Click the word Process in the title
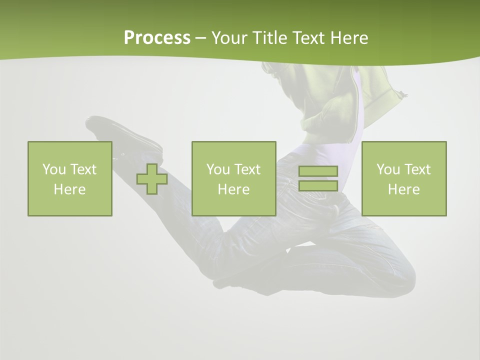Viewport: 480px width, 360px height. [157, 38]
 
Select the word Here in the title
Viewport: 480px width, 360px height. [349, 38]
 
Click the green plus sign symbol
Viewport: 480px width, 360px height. [152, 179]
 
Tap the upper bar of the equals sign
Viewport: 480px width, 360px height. [318, 171]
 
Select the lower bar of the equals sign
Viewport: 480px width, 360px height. [318, 185]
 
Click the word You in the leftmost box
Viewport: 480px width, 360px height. [54, 169]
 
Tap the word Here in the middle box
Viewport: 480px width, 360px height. [233, 189]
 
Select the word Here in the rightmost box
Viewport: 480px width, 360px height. [403, 189]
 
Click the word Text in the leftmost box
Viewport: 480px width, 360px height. [83, 169]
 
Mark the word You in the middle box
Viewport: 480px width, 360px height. [218, 169]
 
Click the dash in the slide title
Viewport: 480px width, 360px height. [201, 38]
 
